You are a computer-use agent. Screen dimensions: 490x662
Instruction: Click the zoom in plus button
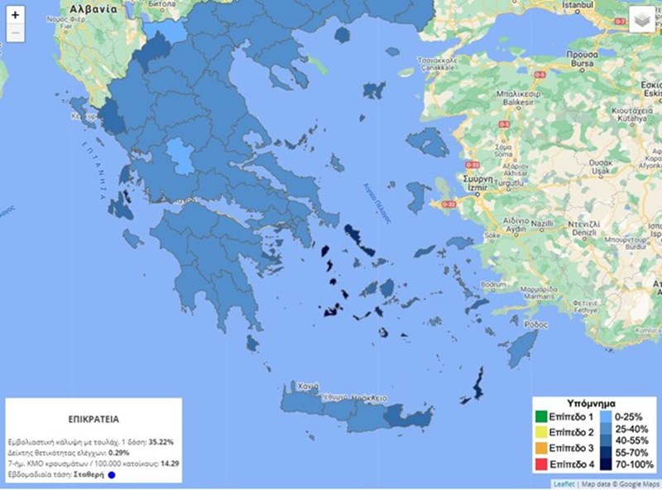pyautogui.click(x=15, y=15)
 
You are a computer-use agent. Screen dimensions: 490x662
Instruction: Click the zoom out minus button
pyautogui.click(x=15, y=34)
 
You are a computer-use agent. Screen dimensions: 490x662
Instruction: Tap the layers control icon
pyautogui.click(x=641, y=20)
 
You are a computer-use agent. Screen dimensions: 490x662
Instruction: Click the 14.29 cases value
pyautogui.click(x=168, y=464)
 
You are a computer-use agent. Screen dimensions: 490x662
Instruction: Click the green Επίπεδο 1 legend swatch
pyautogui.click(x=541, y=416)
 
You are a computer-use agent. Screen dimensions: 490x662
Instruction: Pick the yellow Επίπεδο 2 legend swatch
pyautogui.click(x=541, y=432)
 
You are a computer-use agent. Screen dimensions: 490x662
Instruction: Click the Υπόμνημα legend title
pyautogui.click(x=596, y=402)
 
